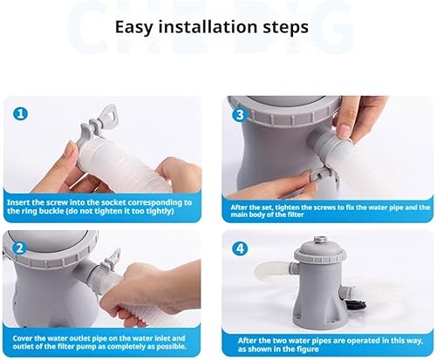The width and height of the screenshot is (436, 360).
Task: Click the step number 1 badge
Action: point(20,113)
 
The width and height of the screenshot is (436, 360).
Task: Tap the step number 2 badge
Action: point(19,248)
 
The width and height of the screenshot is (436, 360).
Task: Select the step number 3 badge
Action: point(240,115)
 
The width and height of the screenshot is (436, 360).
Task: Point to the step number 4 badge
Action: point(240,248)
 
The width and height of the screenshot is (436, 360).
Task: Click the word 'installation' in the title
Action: point(208,27)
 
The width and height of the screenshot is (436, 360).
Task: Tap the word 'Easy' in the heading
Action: point(134,27)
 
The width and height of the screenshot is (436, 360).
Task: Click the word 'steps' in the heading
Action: point(286,28)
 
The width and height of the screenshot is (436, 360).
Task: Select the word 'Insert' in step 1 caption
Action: point(17,202)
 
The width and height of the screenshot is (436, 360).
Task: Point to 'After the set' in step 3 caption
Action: point(252,207)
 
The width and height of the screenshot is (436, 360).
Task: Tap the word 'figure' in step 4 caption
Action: point(308,349)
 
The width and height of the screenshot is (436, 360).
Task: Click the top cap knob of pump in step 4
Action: point(319,241)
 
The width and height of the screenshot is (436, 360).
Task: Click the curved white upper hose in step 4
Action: point(273,270)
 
